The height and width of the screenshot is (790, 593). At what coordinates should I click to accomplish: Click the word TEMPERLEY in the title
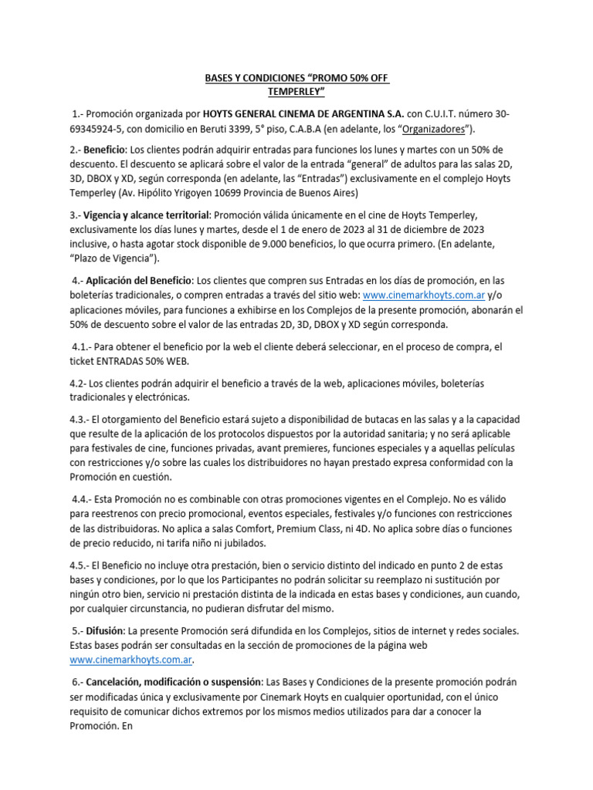point(296,93)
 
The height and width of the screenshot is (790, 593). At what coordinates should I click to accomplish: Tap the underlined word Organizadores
point(438,128)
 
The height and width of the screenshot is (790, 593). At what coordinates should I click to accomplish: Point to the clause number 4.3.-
point(79,419)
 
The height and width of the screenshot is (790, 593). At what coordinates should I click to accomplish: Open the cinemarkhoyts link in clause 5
point(130,660)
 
